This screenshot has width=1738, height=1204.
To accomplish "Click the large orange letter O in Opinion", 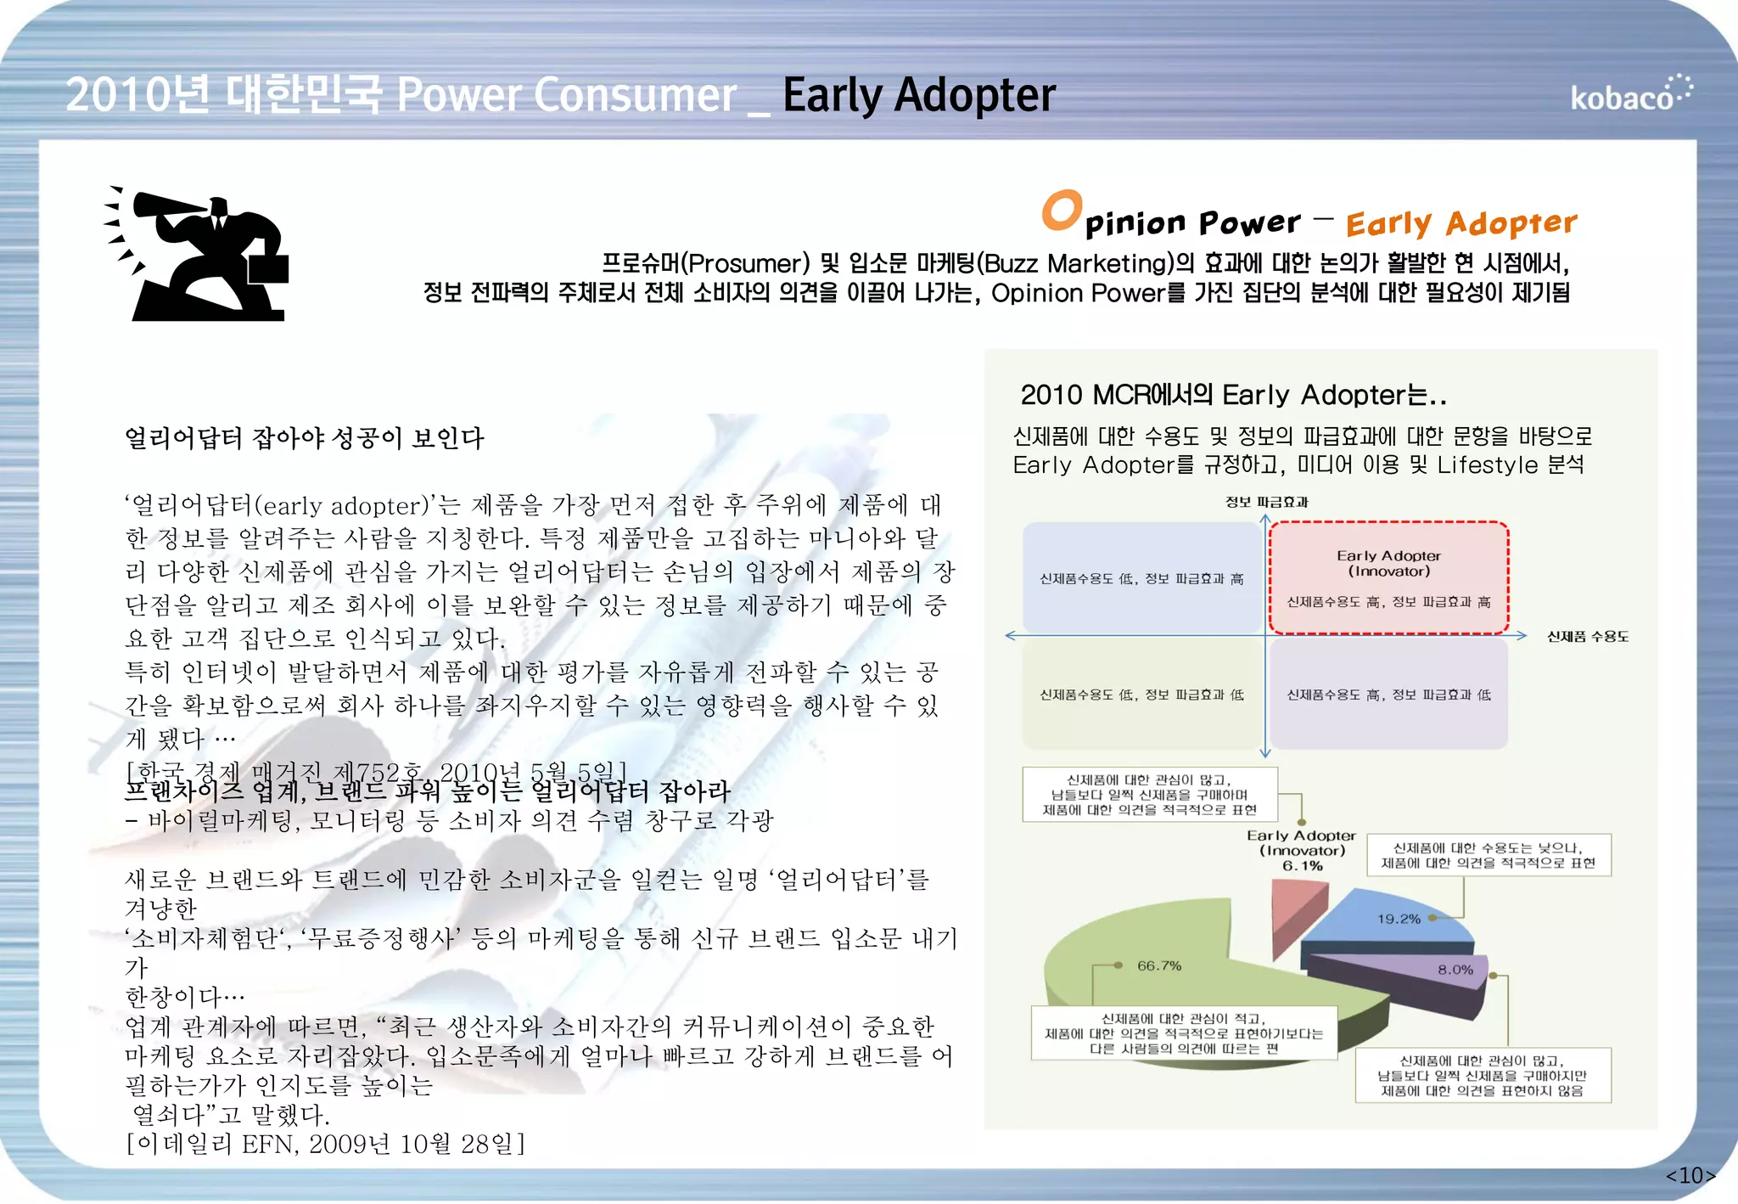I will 1062,210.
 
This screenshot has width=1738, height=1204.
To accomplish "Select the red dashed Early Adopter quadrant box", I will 1388,578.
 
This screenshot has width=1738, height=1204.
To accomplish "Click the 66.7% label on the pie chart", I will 1159,966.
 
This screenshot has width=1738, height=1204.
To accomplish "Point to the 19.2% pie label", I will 1399,919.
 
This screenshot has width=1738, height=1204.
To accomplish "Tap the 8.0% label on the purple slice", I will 1455,970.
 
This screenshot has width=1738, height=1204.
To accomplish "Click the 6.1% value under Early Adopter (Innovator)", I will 1302,866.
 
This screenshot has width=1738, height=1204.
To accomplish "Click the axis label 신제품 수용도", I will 1588,637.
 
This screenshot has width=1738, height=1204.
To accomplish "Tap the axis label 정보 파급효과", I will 1266,503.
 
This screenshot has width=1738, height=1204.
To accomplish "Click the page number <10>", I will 1690,1175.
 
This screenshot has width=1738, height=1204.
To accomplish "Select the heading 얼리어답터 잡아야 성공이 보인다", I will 304,439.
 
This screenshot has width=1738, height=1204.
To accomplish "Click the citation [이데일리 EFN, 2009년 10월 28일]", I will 325,1145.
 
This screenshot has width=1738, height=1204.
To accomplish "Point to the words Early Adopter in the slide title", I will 918,95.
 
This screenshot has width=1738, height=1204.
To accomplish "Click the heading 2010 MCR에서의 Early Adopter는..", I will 1232,396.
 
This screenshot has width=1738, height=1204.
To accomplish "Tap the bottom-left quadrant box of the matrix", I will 1141,695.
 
